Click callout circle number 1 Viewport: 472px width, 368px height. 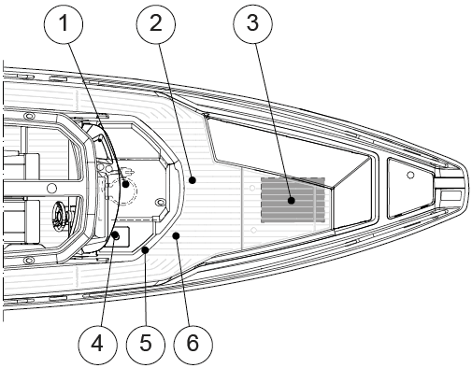[x=64, y=23]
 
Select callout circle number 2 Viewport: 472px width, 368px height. [x=155, y=23]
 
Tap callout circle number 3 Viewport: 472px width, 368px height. [x=252, y=23]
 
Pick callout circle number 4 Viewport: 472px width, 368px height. [x=97, y=344]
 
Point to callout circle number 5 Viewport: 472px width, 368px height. [x=146, y=344]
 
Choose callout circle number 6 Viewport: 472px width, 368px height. [x=193, y=344]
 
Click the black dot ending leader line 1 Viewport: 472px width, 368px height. [x=125, y=184]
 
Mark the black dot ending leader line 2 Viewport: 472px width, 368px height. [x=193, y=179]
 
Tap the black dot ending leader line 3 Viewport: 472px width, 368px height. [x=292, y=201]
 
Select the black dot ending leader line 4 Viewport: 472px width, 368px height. [x=116, y=235]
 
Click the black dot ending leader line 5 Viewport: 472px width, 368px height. [x=145, y=249]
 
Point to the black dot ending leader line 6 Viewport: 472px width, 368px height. [x=176, y=235]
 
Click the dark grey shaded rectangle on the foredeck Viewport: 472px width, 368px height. [x=293, y=200]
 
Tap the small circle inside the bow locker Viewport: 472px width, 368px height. [x=410, y=175]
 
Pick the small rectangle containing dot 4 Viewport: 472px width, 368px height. [x=117, y=237]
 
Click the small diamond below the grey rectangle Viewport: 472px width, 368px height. [x=253, y=230]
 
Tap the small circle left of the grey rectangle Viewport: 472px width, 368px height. [x=252, y=188]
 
